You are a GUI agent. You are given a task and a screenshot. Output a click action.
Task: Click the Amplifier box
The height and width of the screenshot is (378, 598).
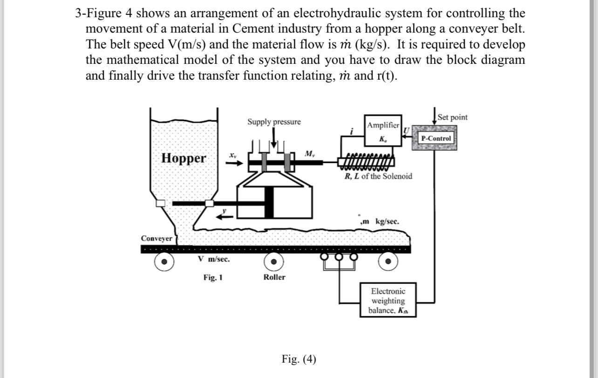click(x=382, y=131)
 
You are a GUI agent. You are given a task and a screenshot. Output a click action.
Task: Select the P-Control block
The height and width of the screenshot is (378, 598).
click(x=436, y=138)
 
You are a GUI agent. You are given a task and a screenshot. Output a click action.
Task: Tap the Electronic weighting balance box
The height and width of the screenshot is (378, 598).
click(x=387, y=301)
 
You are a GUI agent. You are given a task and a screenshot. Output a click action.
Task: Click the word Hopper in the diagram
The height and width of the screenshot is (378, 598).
click(x=183, y=158)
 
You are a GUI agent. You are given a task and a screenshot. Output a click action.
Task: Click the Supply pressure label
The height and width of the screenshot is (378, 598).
click(x=274, y=122)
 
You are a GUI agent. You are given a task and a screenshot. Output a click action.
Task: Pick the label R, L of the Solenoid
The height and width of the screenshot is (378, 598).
click(x=378, y=177)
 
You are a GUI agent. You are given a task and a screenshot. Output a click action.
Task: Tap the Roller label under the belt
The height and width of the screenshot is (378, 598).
click(x=274, y=277)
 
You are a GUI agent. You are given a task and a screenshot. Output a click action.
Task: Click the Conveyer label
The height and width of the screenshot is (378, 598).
click(x=156, y=239)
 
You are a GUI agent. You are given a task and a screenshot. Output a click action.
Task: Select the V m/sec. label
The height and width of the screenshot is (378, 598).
click(x=213, y=259)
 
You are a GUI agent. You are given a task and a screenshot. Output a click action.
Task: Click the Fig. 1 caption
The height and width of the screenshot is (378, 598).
click(x=213, y=278)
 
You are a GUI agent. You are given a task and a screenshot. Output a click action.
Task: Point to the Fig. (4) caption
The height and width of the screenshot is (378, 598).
click(x=299, y=358)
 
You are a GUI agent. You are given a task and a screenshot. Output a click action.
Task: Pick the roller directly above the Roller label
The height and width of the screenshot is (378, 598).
click(x=275, y=261)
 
